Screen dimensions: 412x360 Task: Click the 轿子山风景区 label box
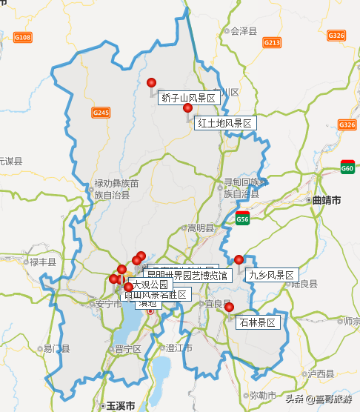189,98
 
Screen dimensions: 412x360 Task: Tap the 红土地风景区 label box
225,123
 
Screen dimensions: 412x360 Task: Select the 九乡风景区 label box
272,275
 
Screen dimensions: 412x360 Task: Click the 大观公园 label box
151,284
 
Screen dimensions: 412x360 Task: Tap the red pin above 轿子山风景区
152,83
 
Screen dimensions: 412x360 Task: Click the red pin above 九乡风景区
239,259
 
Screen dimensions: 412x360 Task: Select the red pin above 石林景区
230,308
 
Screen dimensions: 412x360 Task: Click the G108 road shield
23,37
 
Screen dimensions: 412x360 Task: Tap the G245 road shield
101,113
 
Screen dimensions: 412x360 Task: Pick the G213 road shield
273,42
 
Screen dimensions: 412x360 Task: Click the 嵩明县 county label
200,227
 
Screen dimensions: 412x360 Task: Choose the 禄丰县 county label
42,262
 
